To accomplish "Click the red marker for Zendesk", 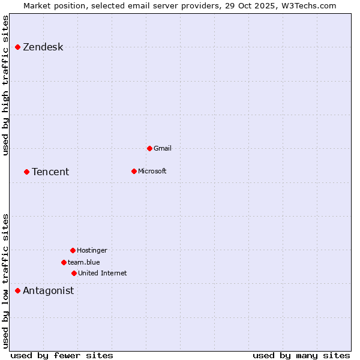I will (x=17, y=47).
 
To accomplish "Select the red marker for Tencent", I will (x=26, y=172).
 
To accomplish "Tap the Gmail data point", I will (x=149, y=148).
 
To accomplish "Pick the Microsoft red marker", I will (x=134, y=171).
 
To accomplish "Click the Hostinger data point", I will (x=73, y=250).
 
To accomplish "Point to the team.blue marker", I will (x=64, y=262).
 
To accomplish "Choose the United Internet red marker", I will (x=74, y=273).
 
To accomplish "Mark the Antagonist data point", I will (x=17, y=290).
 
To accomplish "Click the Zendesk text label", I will (x=43, y=47).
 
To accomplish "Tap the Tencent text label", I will (x=50, y=172).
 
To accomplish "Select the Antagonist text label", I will (x=48, y=291).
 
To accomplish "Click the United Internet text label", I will (x=102, y=274).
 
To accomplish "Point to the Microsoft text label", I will (x=152, y=172).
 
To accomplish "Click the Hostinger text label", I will (x=92, y=251).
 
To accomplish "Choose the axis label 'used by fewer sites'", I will (x=62, y=355).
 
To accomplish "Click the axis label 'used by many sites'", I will (x=301, y=355).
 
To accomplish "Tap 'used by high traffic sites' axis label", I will (x=6, y=85).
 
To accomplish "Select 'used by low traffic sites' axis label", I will (x=6, y=280).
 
